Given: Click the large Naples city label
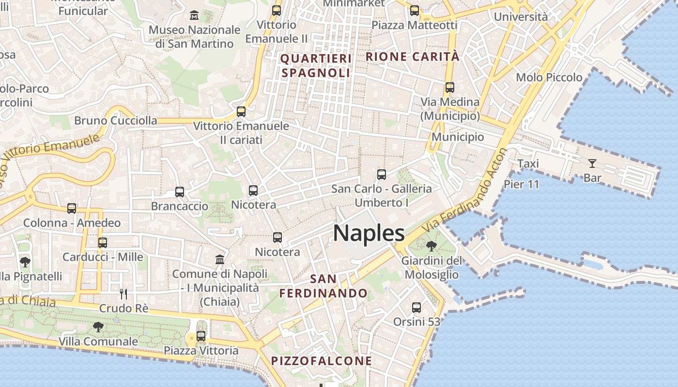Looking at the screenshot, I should point(369,234).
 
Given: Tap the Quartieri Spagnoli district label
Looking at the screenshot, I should point(316,66).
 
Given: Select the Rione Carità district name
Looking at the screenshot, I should point(412,57).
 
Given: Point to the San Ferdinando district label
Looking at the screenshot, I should point(324,286).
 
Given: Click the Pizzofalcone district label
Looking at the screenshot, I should point(322,361).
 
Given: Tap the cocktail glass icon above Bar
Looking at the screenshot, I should point(592,164).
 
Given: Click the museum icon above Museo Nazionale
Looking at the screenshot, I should point(194,15).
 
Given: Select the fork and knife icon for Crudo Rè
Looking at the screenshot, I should point(123,294).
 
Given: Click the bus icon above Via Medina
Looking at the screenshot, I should point(450,88).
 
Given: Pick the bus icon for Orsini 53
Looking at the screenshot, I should point(416,307).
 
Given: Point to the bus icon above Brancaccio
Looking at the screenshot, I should point(180,192).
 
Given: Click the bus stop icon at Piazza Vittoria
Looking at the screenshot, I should point(201,336).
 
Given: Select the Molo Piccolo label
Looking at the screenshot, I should point(549,77).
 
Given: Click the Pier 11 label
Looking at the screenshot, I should point(522,184).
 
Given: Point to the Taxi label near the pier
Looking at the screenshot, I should point(528,164).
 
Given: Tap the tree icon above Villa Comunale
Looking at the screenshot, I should point(98,327).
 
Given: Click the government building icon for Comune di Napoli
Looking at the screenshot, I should point(220,259).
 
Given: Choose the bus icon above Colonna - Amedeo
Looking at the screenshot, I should point(72,208).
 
